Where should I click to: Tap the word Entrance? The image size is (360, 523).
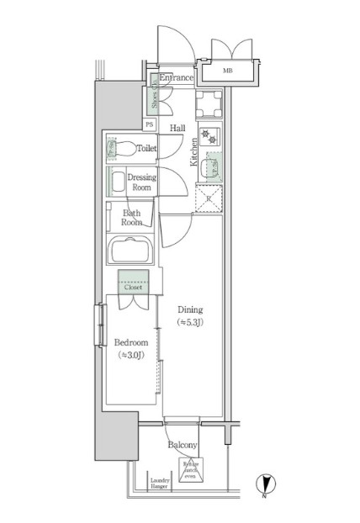(x=177, y=78)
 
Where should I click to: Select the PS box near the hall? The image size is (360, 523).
(x=150, y=124)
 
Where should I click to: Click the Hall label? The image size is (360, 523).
(x=177, y=128)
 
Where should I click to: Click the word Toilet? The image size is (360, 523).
(x=147, y=148)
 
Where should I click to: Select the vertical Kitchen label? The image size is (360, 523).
(x=193, y=152)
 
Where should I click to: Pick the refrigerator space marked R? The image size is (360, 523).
(x=209, y=198)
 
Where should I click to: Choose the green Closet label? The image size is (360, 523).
(x=134, y=287)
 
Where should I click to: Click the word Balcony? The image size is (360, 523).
(x=183, y=445)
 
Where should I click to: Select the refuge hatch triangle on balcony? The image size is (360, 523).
(x=189, y=468)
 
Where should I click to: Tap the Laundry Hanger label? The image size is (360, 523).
(x=159, y=483)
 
